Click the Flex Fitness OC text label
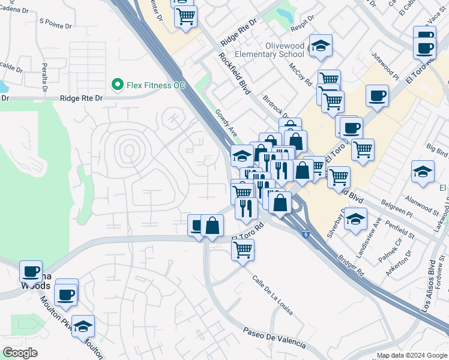click(x=155, y=85)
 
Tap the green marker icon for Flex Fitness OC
click(x=117, y=85)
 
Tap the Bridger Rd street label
click(x=351, y=263)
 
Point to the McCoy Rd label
click(x=300, y=74)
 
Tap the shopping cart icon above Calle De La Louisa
click(x=243, y=250)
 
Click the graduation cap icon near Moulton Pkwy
click(x=83, y=326)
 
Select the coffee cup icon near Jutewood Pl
click(x=377, y=95)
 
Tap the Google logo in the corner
click(x=20, y=353)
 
